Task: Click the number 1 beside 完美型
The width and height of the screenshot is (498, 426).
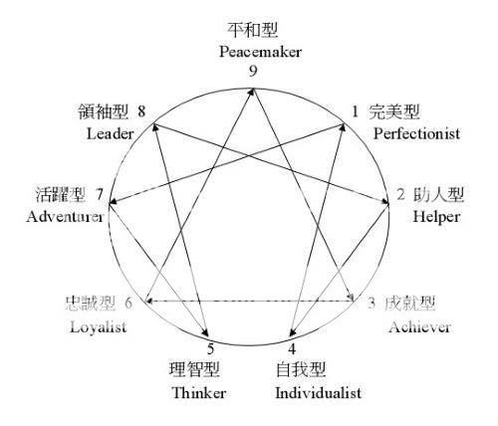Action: coord(356,110)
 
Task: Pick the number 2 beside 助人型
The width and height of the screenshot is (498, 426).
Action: coord(399,194)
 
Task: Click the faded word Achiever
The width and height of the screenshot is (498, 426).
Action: coord(419,326)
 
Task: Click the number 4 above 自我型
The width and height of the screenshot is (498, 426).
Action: coord(292,348)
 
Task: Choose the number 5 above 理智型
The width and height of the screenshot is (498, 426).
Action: coord(210,348)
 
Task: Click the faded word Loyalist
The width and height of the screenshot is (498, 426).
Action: coord(100,327)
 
